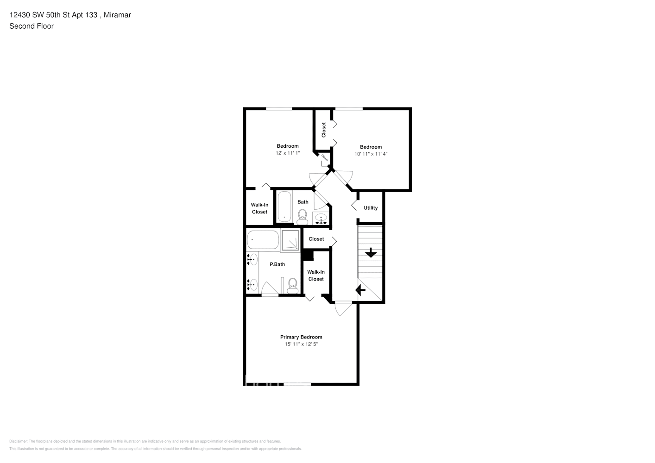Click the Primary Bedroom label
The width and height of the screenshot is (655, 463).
point(301,337)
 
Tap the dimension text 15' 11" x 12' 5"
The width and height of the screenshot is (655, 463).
point(301,344)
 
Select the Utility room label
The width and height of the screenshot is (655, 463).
point(371,208)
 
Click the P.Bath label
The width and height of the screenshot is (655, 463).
point(277,264)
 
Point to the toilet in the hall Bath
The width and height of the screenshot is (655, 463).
point(302,215)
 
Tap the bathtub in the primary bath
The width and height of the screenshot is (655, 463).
point(263,240)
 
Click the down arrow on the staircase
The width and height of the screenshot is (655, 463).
point(371,253)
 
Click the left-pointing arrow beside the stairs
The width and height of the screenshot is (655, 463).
point(360,290)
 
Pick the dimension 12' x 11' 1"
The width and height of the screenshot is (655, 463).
point(288,153)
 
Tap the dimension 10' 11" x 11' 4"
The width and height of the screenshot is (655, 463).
point(371,154)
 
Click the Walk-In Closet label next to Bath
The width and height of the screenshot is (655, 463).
point(259,208)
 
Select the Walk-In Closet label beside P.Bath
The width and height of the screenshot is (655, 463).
point(316,275)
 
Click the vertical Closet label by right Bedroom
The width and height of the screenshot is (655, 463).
point(324,130)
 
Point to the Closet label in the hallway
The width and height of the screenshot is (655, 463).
point(316,239)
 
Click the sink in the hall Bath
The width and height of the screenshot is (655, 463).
point(321,218)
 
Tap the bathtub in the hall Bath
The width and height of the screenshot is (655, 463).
point(284,206)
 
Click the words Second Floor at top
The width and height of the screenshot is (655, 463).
point(31,26)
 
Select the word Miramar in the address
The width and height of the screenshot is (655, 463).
point(117,15)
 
